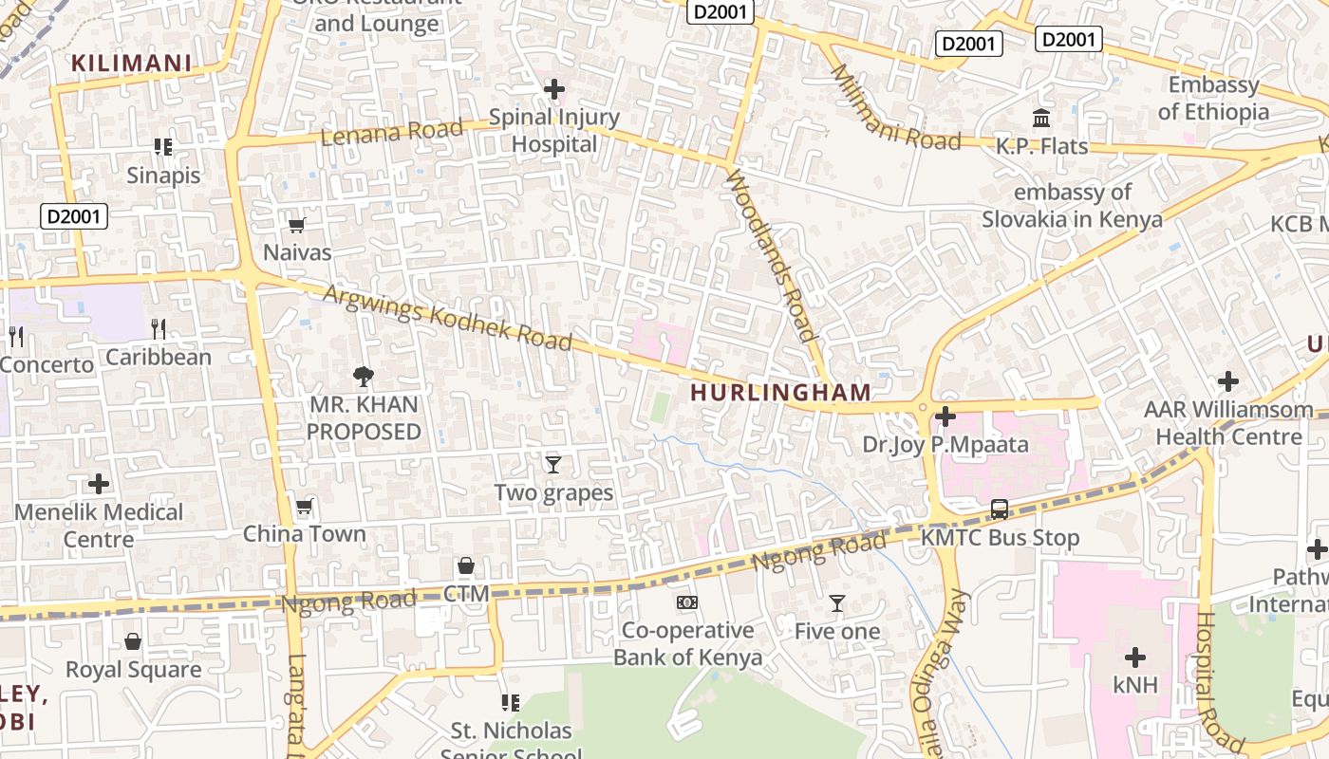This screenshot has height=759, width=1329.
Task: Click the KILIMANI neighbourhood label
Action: click(132, 64)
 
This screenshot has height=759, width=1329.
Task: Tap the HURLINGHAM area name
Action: click(780, 392)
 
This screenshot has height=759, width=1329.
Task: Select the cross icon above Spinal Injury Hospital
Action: click(553, 89)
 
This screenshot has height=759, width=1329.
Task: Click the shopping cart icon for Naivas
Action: click(297, 225)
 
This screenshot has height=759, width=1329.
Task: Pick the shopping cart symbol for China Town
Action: click(304, 506)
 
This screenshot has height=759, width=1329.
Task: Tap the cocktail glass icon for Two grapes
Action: click(553, 464)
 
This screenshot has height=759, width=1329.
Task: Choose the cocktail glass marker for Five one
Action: click(836, 602)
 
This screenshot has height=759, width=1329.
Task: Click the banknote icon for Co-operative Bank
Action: click(686, 602)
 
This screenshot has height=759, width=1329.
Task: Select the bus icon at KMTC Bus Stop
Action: click(1000, 509)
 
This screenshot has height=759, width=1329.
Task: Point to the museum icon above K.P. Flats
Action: click(1041, 119)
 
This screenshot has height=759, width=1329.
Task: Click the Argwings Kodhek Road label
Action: click(447, 317)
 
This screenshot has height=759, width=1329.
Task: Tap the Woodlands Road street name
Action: click(771, 254)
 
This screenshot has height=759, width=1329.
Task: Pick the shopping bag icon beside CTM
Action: click(465, 565)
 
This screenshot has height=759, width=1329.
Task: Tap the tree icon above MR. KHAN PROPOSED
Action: click(363, 377)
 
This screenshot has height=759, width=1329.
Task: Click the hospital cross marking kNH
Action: click(1134, 657)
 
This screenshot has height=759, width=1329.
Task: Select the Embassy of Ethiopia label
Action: click(1213, 98)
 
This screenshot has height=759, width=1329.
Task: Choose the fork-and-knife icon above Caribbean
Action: click(159, 329)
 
